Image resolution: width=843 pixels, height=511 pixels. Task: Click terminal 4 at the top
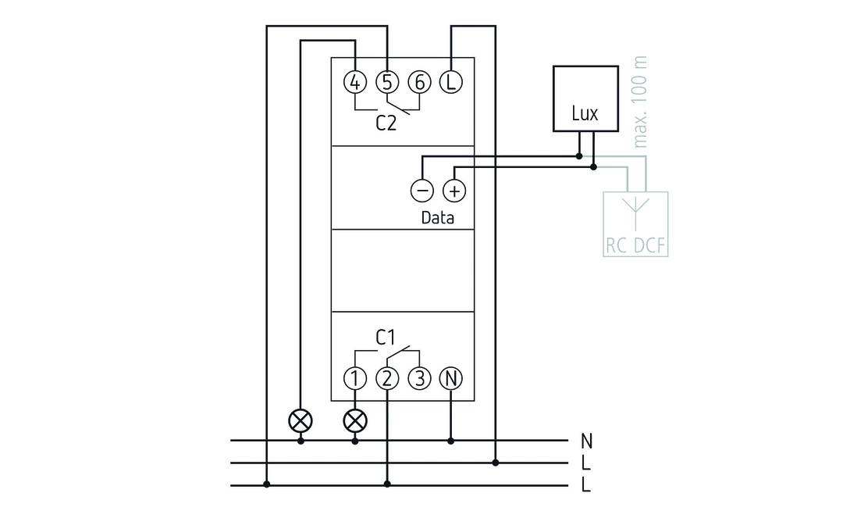355,81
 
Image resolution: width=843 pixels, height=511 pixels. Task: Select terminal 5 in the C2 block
387,81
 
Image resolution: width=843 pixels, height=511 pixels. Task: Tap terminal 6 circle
419,81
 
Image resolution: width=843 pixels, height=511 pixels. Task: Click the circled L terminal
450,81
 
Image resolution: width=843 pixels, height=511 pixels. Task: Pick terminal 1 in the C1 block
355,379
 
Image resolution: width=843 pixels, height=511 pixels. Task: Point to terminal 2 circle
387,379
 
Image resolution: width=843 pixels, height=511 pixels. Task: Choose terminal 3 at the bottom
419,379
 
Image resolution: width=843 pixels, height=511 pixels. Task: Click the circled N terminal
450,379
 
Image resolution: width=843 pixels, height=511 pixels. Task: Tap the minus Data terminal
421,191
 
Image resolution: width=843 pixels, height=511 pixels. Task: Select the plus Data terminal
454,191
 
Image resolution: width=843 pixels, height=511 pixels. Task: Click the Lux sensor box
585,98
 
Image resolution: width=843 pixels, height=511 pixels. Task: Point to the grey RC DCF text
637,246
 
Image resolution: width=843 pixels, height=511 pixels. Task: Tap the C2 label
386,123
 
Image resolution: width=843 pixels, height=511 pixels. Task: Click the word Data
437,218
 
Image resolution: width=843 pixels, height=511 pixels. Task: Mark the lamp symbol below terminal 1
355,420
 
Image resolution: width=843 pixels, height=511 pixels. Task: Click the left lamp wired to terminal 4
301,420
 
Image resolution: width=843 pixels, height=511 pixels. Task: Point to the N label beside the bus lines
586,441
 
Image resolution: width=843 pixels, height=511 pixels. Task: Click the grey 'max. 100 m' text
641,102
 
